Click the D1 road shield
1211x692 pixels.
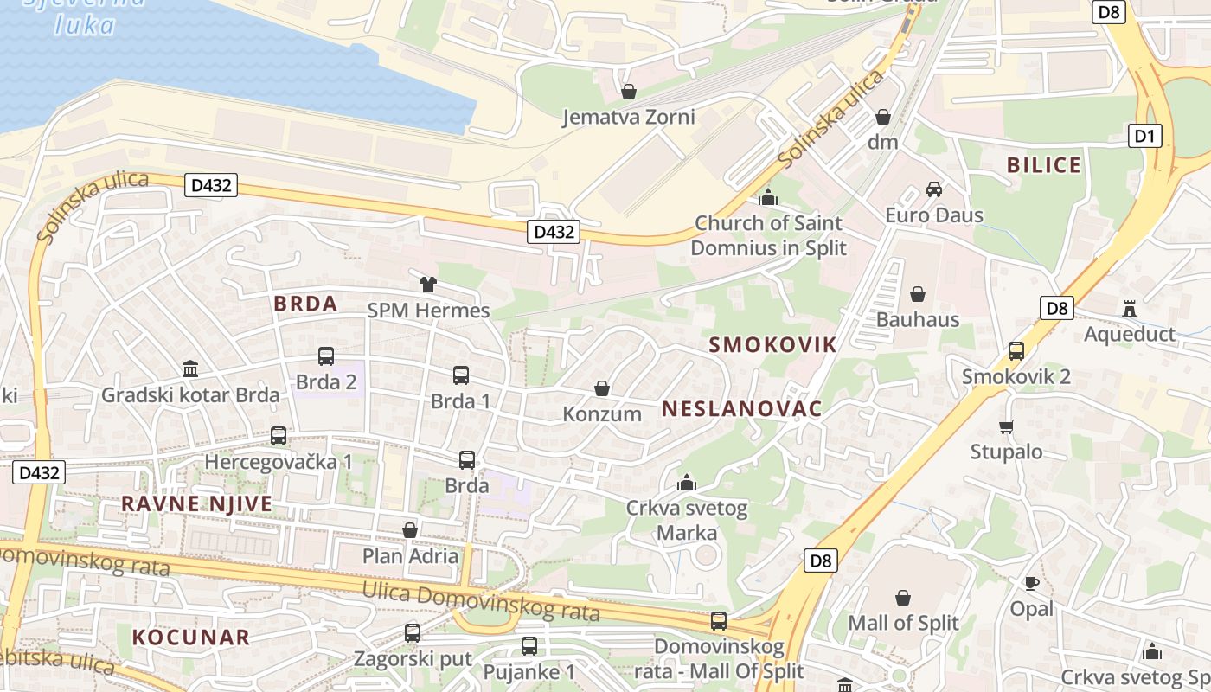1145,136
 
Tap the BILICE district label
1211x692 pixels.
1044,165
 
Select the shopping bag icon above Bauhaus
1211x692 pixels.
918,295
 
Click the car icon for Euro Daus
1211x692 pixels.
934,189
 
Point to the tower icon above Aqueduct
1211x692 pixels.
1129,308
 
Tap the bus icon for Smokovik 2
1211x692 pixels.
1016,351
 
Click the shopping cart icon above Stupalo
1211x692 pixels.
1006,426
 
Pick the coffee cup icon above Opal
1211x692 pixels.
1031,583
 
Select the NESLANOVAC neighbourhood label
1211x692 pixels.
741,409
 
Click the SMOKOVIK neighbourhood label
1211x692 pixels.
772,345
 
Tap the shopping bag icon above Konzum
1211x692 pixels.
602,389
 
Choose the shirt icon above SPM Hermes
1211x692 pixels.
428,285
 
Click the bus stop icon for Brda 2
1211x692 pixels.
326,356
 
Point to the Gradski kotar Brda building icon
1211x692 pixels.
190,370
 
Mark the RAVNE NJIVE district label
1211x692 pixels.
196,503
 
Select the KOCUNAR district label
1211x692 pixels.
190,638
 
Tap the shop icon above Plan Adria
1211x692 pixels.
410,530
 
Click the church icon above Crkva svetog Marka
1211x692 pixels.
687,483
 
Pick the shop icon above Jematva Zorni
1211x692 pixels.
629,92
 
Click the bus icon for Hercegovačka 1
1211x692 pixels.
279,436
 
